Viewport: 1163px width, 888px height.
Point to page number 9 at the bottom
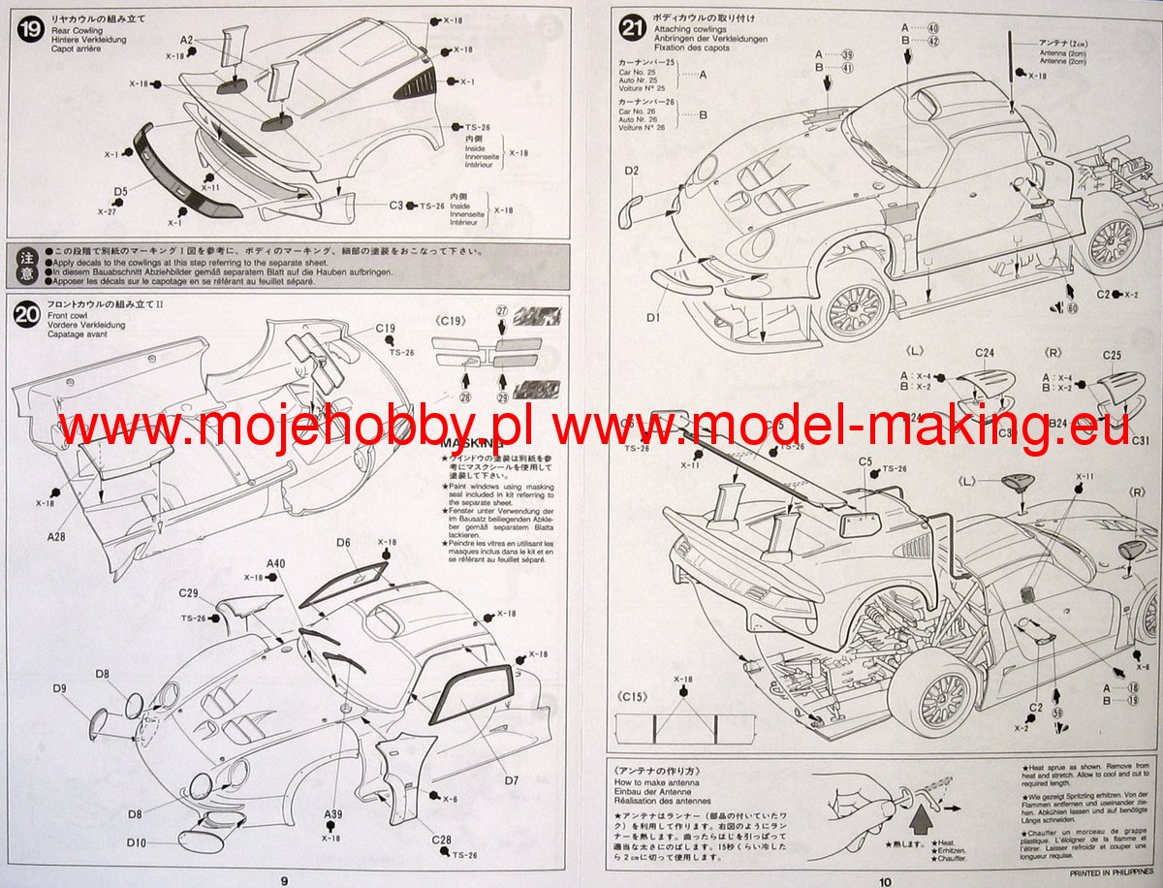(284, 880)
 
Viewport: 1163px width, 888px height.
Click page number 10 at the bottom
(885, 880)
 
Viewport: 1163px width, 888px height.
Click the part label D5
(120, 191)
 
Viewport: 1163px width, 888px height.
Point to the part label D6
(343, 543)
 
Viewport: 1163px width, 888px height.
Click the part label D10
(136, 843)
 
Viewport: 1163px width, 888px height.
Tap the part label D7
(511, 778)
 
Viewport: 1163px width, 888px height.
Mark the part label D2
(631, 172)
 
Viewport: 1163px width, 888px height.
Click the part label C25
(1111, 355)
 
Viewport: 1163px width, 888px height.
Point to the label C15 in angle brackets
(634, 696)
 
